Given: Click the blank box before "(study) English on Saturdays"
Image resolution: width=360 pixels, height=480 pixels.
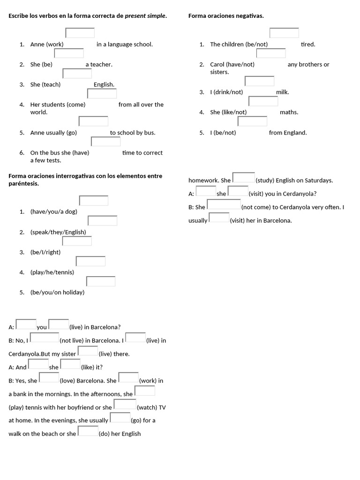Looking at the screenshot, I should [x=244, y=178].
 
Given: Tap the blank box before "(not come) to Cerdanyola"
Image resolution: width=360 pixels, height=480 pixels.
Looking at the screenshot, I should [x=224, y=204].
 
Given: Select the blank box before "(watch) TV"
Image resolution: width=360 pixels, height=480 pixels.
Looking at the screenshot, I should [x=125, y=405].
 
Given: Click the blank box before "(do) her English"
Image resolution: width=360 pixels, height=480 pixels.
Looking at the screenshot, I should [x=88, y=431].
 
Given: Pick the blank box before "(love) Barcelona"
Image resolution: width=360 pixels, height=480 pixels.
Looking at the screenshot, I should [x=49, y=378].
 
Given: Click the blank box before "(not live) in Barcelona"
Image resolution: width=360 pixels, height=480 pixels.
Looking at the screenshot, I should [x=45, y=337].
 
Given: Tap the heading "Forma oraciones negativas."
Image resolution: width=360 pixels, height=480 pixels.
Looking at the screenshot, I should [x=226, y=16].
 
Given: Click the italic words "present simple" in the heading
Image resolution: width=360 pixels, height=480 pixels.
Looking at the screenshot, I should [x=145, y=16].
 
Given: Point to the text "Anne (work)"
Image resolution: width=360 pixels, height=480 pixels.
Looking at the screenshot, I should [x=47, y=45].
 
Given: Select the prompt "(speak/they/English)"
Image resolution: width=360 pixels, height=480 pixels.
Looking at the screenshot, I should [x=58, y=232].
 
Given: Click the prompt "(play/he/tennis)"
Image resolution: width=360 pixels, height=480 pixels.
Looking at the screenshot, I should [x=52, y=272].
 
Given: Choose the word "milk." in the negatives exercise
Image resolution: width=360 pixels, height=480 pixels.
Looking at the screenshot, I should [x=283, y=92].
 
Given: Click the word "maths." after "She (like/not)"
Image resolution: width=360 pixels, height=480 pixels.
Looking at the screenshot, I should [x=289, y=112].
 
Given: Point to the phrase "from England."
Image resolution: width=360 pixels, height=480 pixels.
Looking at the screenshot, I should [x=288, y=133].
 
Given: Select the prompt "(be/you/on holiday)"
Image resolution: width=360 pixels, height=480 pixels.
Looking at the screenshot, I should [x=57, y=292].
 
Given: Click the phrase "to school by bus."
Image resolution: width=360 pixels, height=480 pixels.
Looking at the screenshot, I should [x=133, y=133].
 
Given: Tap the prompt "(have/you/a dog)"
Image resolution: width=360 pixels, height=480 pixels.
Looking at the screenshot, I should [x=54, y=212].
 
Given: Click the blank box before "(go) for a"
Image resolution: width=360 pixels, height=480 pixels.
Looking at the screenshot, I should [x=120, y=418].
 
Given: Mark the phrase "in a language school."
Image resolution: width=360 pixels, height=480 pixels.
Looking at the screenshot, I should [x=125, y=45].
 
